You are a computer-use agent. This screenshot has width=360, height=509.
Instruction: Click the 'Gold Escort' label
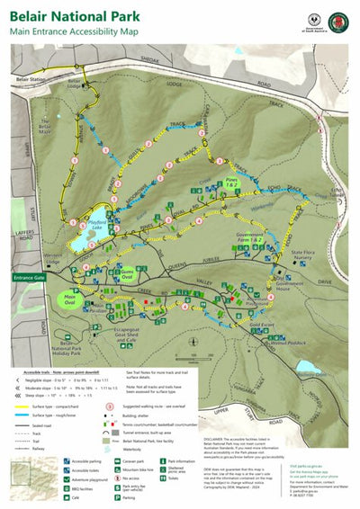[261, 325]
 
